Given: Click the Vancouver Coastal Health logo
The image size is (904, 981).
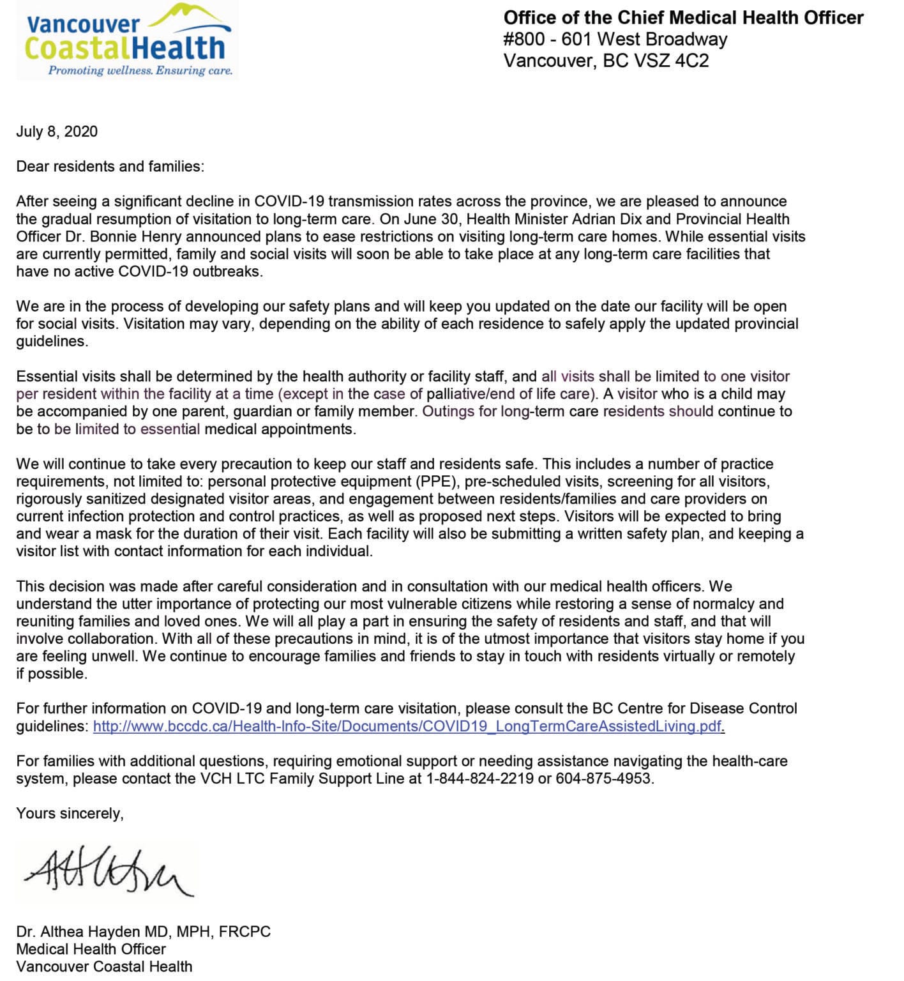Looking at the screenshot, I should [128, 40].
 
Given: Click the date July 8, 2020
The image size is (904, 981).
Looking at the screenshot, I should [57, 132].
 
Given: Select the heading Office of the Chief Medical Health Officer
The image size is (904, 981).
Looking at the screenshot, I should [683, 17].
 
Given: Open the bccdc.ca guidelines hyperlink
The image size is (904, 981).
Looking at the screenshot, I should [408, 726].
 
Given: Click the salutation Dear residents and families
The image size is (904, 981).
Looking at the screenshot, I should [110, 167].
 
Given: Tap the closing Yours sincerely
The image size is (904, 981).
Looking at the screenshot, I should [70, 813].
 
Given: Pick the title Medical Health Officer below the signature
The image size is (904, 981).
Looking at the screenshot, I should [91, 949].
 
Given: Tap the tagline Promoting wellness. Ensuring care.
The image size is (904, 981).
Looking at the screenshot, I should [140, 70].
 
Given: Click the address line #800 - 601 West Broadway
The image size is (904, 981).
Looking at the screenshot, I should [615, 40].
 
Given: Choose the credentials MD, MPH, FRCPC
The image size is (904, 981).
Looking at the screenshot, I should [218, 932].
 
